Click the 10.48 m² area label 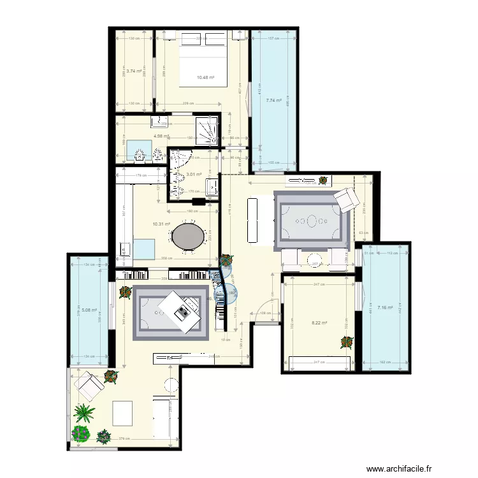coord(205,78)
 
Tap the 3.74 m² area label coord(133,71)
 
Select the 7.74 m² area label coord(274,100)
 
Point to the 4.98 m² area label coord(161,136)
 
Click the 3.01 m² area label coord(194,173)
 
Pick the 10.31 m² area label coord(161,224)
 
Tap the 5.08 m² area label coord(89,311)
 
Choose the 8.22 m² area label coord(319,322)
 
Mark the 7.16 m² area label coord(386,308)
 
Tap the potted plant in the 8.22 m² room coord(347,342)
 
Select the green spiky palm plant coord(84,413)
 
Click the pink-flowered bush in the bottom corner coord(80,434)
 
